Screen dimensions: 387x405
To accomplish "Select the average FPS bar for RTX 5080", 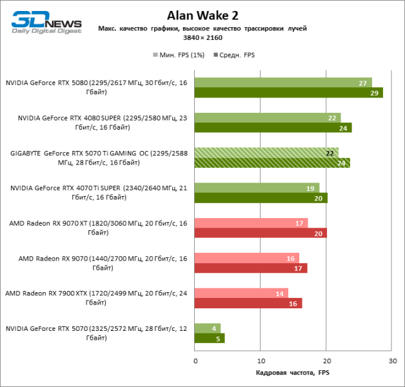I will tap(288, 93).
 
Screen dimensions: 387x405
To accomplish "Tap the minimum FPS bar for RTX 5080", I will tap(282, 83).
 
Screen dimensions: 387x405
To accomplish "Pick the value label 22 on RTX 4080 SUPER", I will tap(332, 117).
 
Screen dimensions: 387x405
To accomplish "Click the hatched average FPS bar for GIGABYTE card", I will tap(272, 163).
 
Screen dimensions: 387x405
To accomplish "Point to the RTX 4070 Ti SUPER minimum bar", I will tap(257, 188).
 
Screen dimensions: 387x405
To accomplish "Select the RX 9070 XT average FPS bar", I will tap(260, 233).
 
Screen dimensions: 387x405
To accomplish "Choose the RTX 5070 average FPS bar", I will tap(209, 338).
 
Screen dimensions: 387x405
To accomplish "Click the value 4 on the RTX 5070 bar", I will tap(213, 328).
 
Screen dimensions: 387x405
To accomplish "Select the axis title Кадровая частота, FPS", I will tap(293, 373).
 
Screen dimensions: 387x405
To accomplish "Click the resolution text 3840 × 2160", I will tap(202, 39).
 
